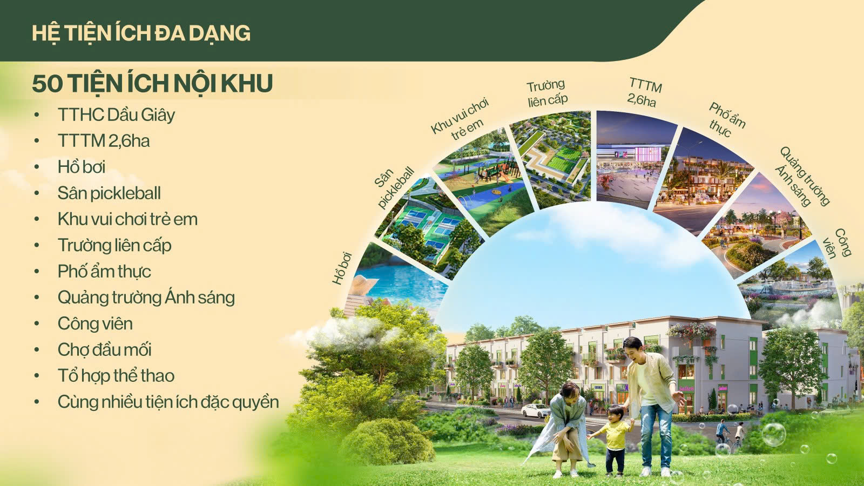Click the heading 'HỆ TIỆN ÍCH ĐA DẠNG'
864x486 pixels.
(141, 33)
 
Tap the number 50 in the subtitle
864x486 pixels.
(47, 83)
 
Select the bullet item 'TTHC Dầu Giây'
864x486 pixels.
(116, 115)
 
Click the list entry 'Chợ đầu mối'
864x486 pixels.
(105, 349)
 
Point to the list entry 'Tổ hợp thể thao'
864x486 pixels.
(116, 376)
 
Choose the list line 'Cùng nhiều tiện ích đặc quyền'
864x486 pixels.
(168, 402)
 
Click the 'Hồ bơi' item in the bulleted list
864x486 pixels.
(82, 167)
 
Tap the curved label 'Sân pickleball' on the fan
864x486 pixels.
(394, 188)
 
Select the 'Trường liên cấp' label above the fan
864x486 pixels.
(547, 93)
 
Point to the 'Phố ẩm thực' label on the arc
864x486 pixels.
(726, 119)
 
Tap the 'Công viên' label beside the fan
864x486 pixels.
(836, 243)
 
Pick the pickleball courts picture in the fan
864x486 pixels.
(429, 227)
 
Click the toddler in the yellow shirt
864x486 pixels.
(613, 440)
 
